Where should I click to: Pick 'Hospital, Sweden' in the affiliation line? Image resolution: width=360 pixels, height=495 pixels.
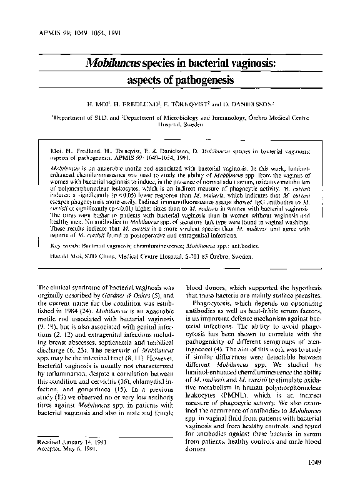pyautogui.click(x=178, y=126)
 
